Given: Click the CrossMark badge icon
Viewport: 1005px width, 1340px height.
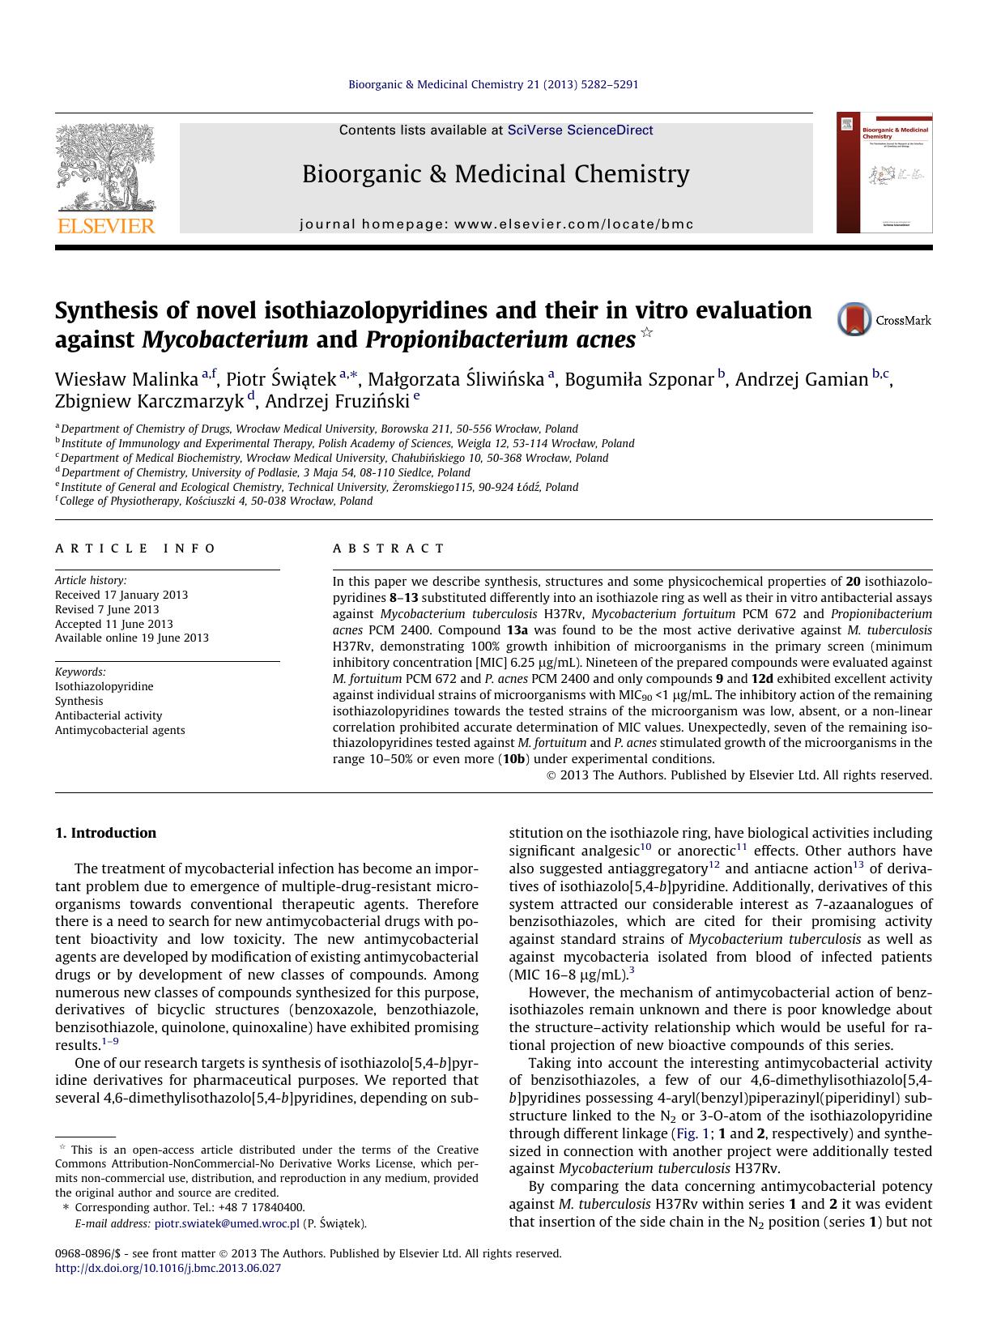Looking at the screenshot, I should coord(854,319).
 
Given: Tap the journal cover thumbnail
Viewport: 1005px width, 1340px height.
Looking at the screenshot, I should coord(884,173).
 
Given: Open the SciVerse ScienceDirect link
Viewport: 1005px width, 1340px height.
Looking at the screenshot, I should coord(580,130).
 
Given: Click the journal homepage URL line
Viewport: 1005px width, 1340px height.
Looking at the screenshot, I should coord(496,224).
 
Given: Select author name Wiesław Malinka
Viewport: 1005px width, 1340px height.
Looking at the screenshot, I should coord(126,379).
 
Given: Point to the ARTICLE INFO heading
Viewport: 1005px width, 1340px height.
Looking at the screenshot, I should coord(135,548).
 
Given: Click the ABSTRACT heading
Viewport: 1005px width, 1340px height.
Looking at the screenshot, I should coord(389,548).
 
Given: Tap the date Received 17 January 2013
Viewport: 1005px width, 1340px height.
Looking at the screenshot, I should coord(121,595).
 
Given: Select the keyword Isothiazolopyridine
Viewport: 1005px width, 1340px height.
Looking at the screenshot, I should coord(104,686).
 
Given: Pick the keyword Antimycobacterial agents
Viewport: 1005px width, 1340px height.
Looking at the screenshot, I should coord(120,730).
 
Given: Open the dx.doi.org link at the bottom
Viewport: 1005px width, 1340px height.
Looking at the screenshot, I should coord(168,1268).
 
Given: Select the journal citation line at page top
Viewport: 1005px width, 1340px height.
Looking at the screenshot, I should coord(493,84).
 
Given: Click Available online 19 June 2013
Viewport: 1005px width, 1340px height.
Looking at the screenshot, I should coord(132,638).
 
